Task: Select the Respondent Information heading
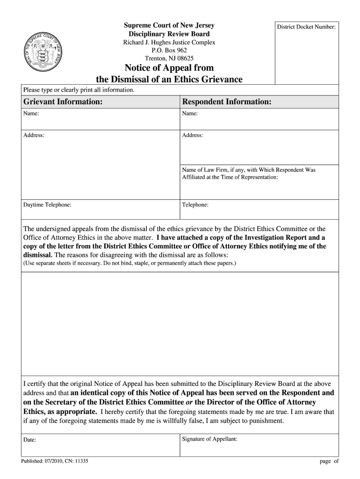(226, 102)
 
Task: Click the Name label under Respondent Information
(190, 114)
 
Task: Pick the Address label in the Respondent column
(193, 135)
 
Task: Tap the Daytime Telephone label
(48, 205)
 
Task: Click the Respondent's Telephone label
(195, 205)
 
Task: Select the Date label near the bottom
(30, 440)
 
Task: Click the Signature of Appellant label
(210, 439)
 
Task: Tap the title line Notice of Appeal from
(169, 68)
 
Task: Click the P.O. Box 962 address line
(169, 51)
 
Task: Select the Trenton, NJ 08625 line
(169, 58)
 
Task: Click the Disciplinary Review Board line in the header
(169, 34)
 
